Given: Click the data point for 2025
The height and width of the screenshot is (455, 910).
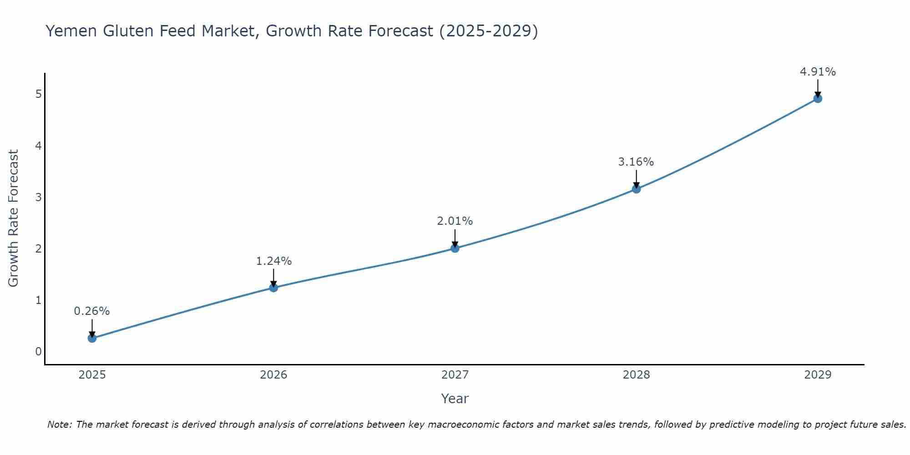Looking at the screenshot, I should [92, 338].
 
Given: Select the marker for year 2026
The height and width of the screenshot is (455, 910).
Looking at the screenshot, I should [273, 288].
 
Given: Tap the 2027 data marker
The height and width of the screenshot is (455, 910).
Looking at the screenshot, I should [455, 248].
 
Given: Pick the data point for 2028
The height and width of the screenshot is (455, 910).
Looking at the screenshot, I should [636, 189].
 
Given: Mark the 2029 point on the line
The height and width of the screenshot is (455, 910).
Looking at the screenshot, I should [818, 98].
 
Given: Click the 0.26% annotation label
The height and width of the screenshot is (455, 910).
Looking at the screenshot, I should [92, 311].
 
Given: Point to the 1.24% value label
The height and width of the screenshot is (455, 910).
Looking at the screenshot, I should [273, 261].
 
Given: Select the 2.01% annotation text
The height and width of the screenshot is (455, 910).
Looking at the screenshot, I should [455, 221].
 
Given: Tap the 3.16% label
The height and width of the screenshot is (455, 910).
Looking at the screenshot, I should [636, 162].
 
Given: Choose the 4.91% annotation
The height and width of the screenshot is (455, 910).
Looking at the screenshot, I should [818, 72].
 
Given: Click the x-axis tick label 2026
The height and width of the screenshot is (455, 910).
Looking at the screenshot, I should [273, 375].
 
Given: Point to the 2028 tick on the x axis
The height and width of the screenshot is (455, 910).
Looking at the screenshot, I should [636, 375].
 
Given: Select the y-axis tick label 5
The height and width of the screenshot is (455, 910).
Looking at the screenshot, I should [39, 94].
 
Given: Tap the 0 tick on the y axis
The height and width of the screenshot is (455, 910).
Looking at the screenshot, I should [39, 352].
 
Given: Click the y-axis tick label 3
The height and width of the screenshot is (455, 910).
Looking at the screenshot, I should [39, 197].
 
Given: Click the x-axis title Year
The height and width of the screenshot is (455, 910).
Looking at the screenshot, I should [455, 399].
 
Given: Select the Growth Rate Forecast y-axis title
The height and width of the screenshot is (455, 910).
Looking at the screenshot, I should [14, 218].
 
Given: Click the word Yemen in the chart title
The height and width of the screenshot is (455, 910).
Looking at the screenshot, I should [71, 31].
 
